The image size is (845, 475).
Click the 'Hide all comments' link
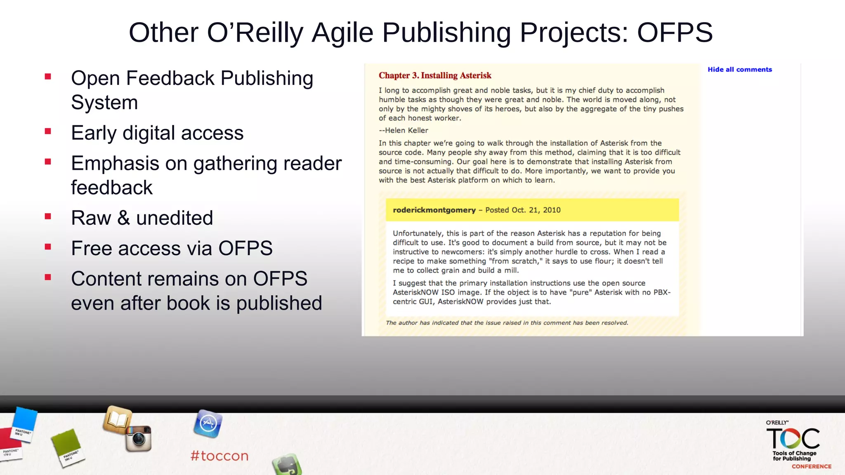[739, 70]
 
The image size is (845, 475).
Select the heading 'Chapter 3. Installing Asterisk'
[435, 75]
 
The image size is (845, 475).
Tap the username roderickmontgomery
[434, 210]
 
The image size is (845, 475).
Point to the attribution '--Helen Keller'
[404, 130]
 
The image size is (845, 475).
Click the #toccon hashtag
[220, 456]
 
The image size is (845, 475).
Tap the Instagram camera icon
[139, 438]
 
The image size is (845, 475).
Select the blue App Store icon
[208, 424]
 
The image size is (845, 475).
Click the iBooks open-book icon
[118, 420]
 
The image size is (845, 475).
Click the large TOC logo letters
[793, 438]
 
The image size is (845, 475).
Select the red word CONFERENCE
[811, 466]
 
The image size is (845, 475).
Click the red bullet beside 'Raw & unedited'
[48, 216]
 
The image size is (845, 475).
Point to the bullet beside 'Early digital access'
[48, 132]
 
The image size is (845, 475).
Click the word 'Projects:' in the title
[574, 33]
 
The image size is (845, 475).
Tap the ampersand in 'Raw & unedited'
[123, 218]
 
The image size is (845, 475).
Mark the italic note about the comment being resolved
[507, 323]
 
